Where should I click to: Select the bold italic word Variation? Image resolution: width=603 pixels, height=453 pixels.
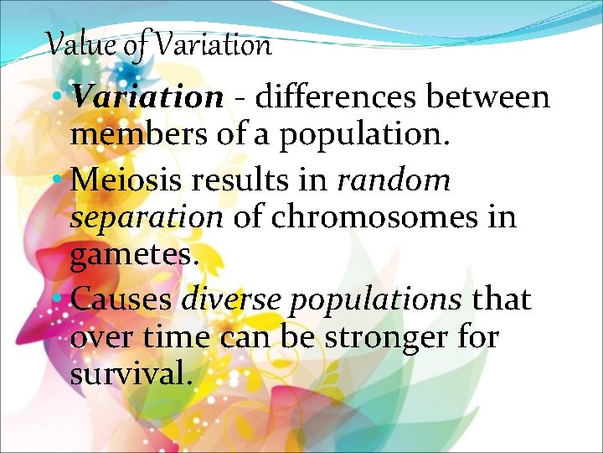pyautogui.click(x=147, y=98)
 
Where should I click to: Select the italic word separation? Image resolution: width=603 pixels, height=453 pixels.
pyautogui.click(x=147, y=218)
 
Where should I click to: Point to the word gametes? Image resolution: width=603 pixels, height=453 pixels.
pyautogui.click(x=135, y=257)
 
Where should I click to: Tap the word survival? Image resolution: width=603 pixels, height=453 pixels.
pyautogui.click(x=131, y=375)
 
